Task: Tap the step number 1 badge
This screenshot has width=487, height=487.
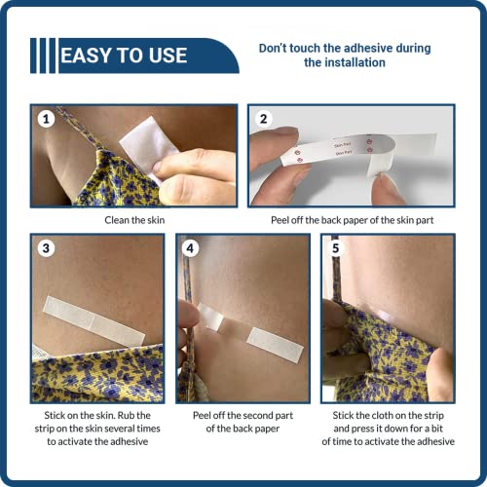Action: pyautogui.click(x=44, y=119)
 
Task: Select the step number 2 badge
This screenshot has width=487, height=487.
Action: pyautogui.click(x=262, y=119)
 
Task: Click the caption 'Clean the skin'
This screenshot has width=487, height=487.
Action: pyautogui.click(x=135, y=220)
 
